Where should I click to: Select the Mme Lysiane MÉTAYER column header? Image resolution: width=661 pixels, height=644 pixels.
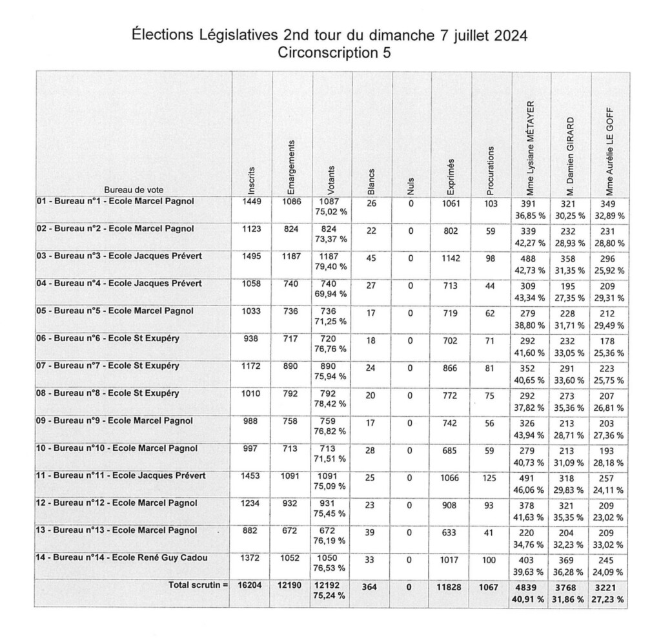click(531, 148)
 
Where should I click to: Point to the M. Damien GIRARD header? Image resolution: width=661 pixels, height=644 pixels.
click(571, 156)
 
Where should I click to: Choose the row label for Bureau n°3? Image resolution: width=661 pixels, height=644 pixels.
click(119, 256)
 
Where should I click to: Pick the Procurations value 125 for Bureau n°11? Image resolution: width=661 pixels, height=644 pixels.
click(491, 479)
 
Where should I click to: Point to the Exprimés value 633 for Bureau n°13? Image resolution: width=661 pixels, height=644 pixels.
click(450, 534)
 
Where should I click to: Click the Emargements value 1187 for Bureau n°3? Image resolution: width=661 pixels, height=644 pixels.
click(290, 256)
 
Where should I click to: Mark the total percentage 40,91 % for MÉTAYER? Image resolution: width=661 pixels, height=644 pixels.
click(531, 599)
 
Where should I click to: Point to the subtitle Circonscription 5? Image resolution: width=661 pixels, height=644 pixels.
click(334, 53)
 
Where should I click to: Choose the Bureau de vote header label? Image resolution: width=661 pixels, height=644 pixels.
click(134, 190)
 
